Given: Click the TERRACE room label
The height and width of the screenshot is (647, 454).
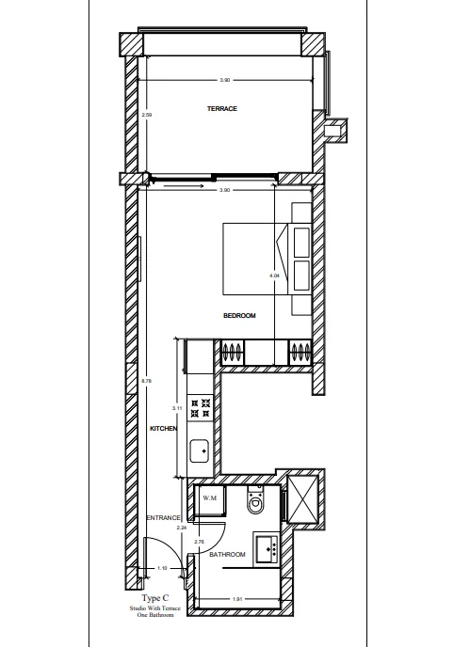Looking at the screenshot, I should pos(222,110).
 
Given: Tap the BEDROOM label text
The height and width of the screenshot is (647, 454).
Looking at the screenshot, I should pos(239,316).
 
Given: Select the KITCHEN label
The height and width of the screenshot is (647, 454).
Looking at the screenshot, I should pos(164,428).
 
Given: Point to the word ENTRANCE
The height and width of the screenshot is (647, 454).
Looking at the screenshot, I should pos(163,518).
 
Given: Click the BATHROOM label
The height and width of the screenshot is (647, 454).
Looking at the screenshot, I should pos(227,555).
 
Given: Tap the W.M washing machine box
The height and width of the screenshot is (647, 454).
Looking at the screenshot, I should pos(208,499).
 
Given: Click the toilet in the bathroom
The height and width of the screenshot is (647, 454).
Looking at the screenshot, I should pos(254,503).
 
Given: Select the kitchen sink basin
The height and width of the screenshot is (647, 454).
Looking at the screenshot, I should pos(201,452).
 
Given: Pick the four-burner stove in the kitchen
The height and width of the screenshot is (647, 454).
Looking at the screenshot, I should pos(200,408).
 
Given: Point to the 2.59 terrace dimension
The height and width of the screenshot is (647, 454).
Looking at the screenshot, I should pos(146,116).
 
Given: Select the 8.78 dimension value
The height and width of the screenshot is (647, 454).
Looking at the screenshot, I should pos(146,381).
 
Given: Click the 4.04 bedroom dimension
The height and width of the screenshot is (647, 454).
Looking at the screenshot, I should pos(274,276).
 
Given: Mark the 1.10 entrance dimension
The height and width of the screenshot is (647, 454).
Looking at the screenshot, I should pos(163,568).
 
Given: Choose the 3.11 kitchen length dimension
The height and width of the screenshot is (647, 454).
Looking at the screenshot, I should pos(177,409).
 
